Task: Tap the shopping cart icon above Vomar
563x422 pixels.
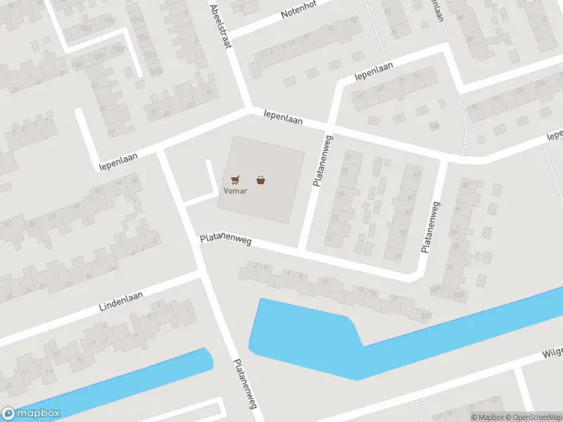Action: [x=234, y=179]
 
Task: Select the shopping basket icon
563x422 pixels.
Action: [x=261, y=179]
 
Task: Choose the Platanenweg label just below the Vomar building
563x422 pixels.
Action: [x=226, y=240]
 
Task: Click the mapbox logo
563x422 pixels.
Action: [x=31, y=414]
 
